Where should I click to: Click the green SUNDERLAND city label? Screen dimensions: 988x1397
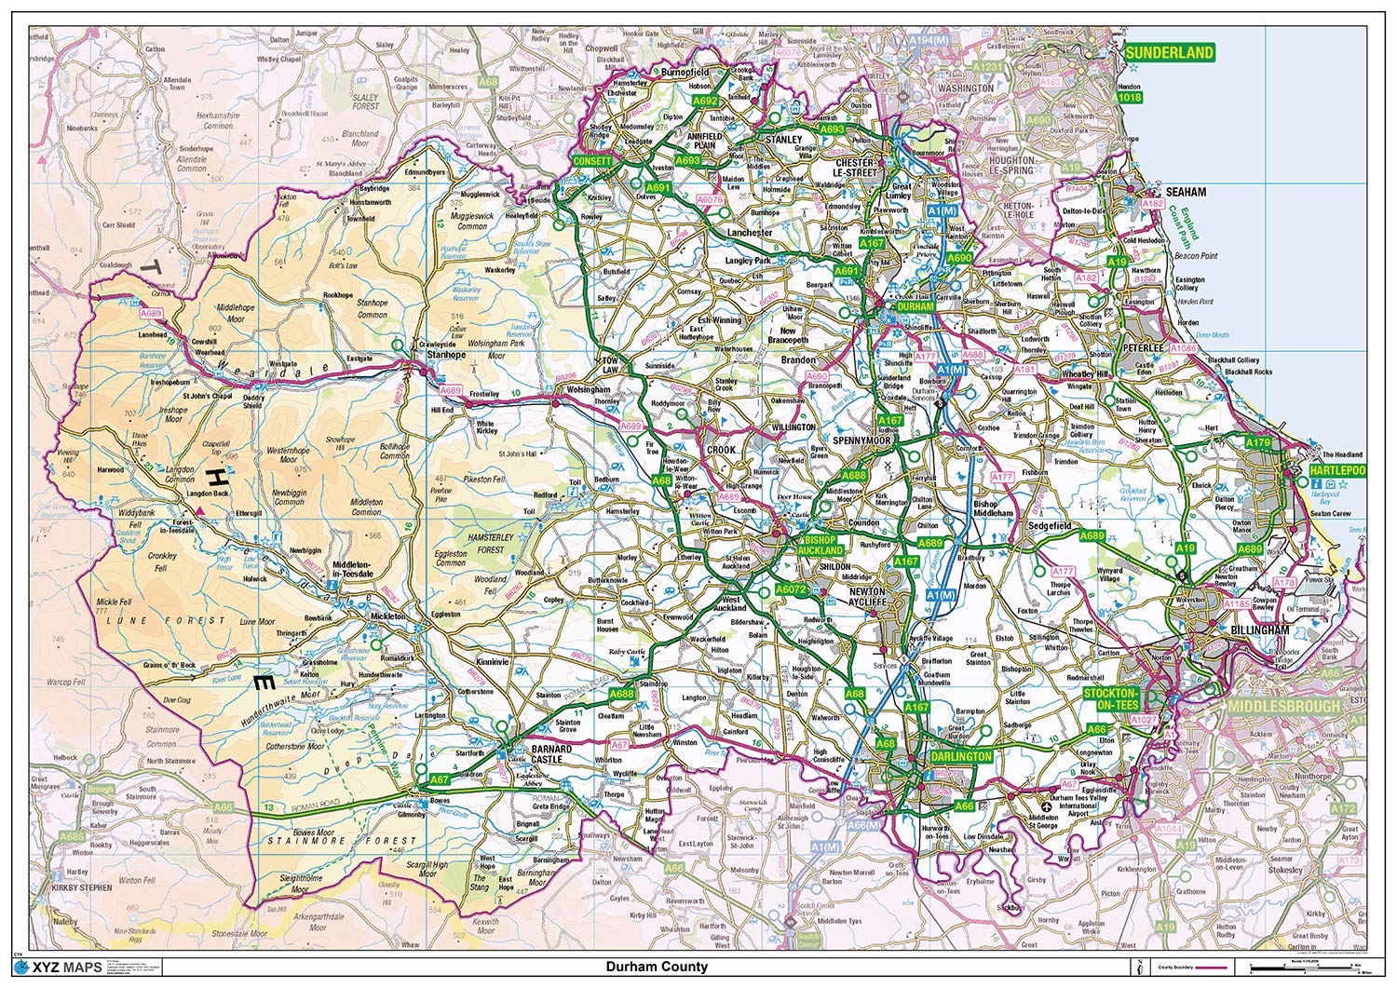coord(1170,52)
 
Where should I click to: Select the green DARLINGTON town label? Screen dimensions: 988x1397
coord(961,757)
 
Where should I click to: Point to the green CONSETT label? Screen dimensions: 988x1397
coord(592,161)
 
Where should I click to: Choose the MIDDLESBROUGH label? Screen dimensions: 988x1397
coord(1283,706)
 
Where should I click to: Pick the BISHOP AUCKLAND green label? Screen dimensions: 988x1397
coord(819,545)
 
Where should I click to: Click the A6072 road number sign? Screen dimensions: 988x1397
coord(791,589)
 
